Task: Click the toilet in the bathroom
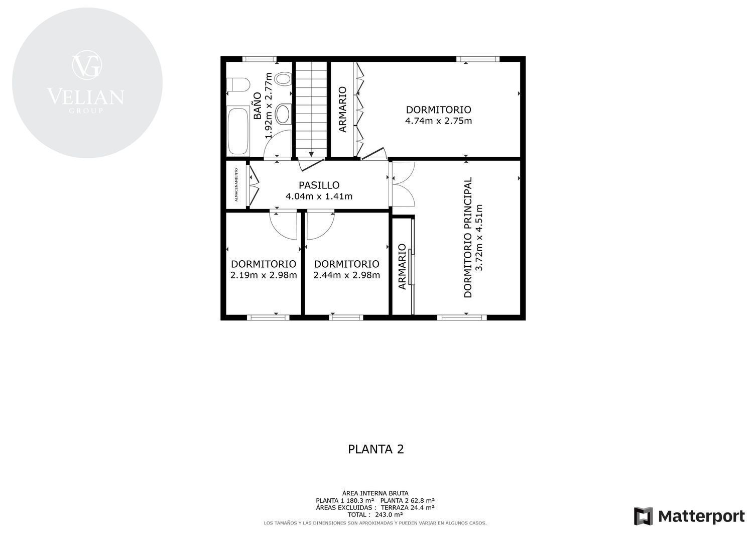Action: (x=238, y=85)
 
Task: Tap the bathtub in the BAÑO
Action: (x=238, y=131)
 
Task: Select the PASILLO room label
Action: (x=319, y=185)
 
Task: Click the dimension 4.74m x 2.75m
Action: (x=438, y=121)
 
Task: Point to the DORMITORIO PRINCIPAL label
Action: (x=467, y=238)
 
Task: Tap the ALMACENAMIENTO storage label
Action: (x=236, y=185)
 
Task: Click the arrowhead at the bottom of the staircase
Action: (x=311, y=154)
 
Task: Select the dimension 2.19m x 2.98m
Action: (x=264, y=275)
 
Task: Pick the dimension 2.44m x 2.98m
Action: (x=346, y=275)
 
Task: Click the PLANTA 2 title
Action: (x=375, y=450)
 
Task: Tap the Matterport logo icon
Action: (x=643, y=516)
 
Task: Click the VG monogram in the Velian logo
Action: (x=87, y=65)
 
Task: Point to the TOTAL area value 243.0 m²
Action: (x=389, y=514)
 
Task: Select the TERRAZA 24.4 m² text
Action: (x=408, y=507)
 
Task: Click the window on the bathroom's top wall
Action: (x=259, y=59)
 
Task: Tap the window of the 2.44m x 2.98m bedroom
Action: (x=346, y=317)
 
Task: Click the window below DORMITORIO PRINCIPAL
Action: (x=462, y=317)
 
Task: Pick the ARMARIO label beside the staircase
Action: (x=342, y=110)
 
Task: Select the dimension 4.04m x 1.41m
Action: (x=319, y=196)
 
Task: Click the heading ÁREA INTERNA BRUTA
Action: (x=375, y=494)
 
